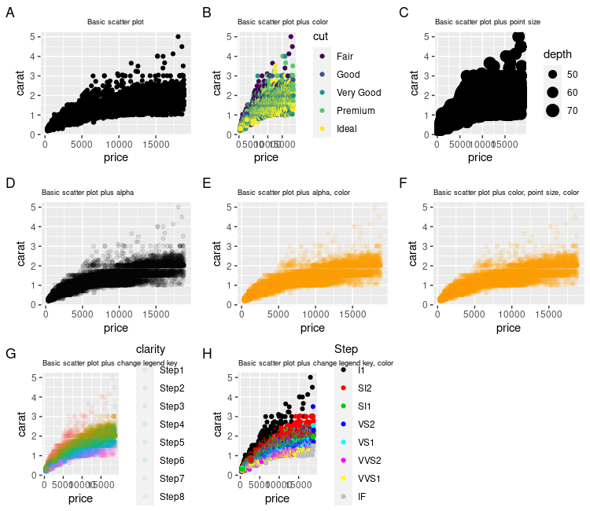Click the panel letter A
10,13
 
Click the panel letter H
207,355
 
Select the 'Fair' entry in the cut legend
345,57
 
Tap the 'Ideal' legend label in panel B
346,129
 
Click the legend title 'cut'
320,36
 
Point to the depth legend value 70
572,110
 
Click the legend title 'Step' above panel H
346,348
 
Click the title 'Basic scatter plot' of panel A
115,22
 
